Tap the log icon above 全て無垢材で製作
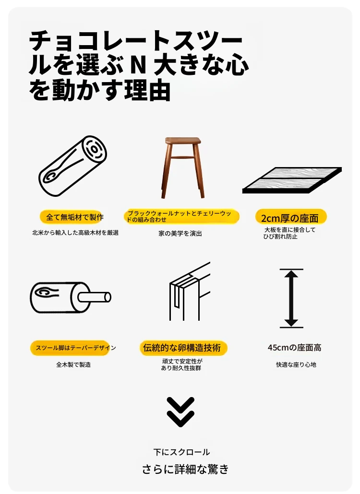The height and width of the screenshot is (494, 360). (73, 166)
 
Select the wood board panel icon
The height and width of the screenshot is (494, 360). (292, 180)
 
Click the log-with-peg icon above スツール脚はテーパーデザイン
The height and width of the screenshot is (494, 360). (70, 298)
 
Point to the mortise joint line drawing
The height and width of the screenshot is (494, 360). (189, 291)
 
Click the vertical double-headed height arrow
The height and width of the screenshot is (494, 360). (291, 298)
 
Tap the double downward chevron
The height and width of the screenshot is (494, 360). (180, 411)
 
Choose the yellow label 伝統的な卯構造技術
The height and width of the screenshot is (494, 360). (182, 348)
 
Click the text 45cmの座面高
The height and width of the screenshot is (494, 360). (295, 348)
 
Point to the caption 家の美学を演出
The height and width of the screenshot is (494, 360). (180, 233)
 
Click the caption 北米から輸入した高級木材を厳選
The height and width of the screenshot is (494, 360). (75, 233)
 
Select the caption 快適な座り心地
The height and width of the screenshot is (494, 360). (296, 364)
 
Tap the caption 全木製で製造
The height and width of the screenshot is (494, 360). (73, 364)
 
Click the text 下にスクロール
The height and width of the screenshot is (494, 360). (181, 452)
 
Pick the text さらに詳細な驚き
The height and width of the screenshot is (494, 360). (185, 469)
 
